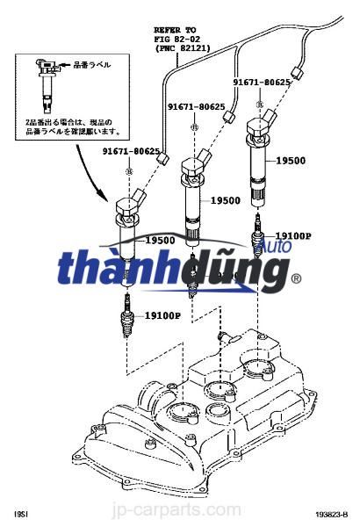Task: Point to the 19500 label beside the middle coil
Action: [x=225, y=201]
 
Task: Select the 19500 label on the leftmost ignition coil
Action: [x=160, y=240]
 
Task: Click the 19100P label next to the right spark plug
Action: [x=293, y=236]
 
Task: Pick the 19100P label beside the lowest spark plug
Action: [x=163, y=314]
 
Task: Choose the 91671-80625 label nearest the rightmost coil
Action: [x=262, y=83]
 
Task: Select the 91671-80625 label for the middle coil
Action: [x=197, y=107]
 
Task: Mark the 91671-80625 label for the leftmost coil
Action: [x=130, y=151]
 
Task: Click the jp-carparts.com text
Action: [x=181, y=509]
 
